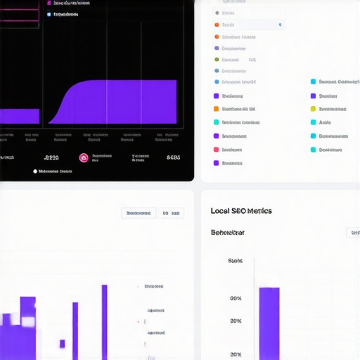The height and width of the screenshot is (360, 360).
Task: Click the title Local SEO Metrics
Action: click(241, 211)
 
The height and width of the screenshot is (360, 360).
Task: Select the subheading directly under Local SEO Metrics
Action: click(228, 232)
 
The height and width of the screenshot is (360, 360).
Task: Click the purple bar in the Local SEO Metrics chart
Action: click(269, 323)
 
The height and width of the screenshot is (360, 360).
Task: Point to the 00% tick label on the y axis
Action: click(236, 298)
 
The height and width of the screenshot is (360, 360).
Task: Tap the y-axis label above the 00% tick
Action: click(235, 261)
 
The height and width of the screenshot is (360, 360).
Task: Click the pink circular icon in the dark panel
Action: click(84, 158)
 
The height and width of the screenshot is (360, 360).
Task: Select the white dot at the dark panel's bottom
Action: click(34, 171)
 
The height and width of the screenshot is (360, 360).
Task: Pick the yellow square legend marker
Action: click(313, 109)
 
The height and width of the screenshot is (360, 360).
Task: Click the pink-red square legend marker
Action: click(217, 150)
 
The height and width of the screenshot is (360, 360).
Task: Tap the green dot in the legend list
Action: click(217, 60)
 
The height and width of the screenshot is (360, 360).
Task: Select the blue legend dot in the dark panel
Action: click(49, 13)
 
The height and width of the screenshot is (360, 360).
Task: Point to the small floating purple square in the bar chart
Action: click(62, 344)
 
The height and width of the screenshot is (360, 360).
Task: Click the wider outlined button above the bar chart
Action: click(139, 213)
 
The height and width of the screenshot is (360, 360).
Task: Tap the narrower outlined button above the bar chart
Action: click(172, 213)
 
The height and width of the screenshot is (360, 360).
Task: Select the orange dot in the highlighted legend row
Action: click(217, 25)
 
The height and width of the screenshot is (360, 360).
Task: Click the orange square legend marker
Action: click(217, 109)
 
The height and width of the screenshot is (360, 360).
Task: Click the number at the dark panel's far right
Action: click(173, 158)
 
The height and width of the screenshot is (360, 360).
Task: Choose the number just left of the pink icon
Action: click(51, 158)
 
